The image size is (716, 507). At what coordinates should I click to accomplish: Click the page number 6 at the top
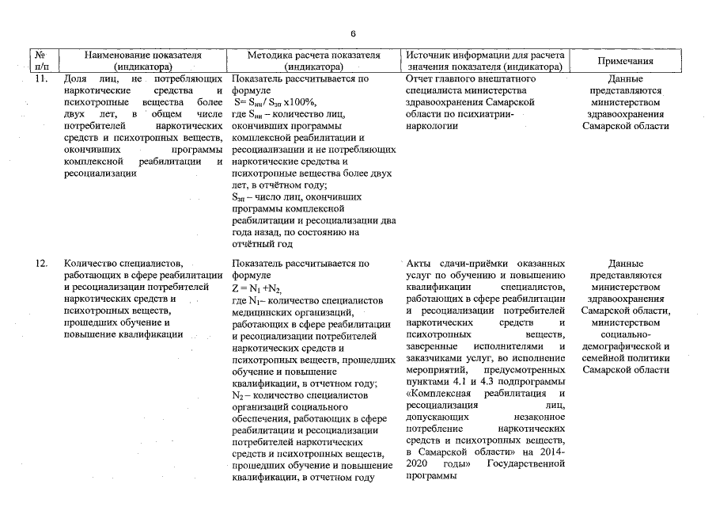pos(353,32)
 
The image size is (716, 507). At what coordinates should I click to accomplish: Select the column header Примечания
pos(625,61)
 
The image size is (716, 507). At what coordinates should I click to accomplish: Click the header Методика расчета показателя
pos(314,55)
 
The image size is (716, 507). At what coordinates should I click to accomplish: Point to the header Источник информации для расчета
pos(485,55)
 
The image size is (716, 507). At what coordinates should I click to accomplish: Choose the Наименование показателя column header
pos(143,55)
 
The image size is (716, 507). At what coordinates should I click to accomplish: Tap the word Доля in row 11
pos(76,79)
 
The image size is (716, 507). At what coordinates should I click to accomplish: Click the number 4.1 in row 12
pos(459,382)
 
